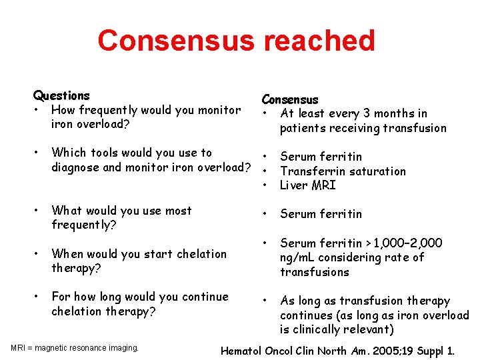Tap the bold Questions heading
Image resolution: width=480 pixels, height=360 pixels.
tap(61, 96)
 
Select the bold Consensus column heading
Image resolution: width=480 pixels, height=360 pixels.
tap(290, 100)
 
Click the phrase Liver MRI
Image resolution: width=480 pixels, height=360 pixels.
tap(308, 185)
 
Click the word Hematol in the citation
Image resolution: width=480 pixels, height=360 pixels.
tap(242, 350)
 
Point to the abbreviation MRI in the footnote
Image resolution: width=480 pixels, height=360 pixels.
tap(19, 348)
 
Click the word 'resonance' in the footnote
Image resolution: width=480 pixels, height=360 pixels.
tap(86, 348)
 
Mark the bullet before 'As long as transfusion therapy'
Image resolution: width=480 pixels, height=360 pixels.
tap(265, 301)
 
